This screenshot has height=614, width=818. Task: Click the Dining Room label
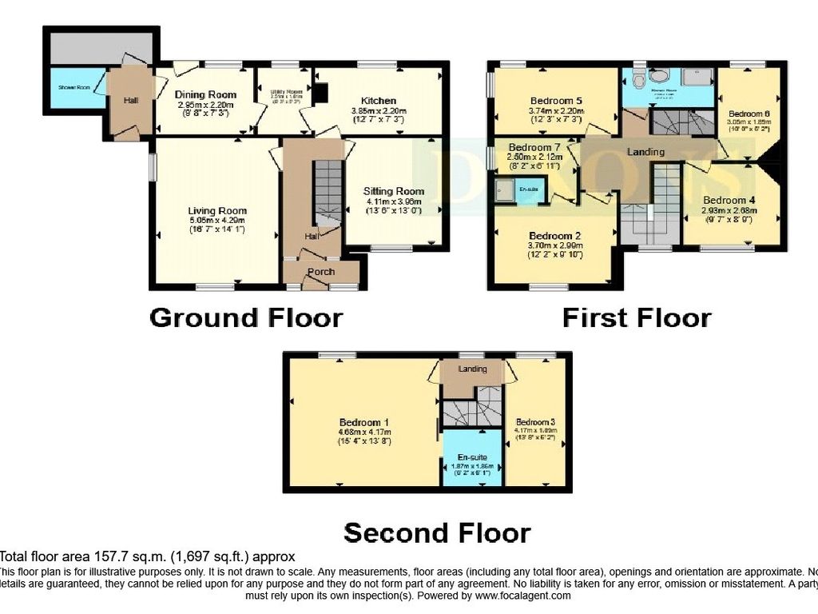205,94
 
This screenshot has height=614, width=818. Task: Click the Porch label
320,272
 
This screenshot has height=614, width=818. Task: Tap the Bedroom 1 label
364,422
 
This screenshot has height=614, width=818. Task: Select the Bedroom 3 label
535,422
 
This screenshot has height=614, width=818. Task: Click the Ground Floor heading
247,317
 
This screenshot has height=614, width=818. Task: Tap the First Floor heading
637,317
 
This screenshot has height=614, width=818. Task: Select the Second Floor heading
437,532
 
